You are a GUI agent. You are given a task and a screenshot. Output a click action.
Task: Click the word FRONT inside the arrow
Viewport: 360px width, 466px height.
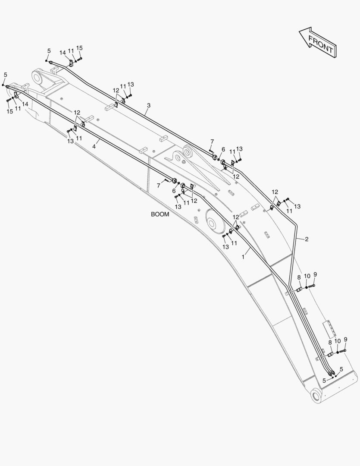pos(320,44)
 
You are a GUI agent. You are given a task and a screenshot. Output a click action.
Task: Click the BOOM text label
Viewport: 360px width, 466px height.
pos(160,214)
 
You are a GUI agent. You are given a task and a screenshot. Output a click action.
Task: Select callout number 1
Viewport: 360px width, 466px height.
pos(243,257)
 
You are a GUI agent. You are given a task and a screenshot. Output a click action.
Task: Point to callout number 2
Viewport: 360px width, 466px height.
pos(307,239)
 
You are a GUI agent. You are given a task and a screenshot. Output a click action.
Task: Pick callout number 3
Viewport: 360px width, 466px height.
pos(149,105)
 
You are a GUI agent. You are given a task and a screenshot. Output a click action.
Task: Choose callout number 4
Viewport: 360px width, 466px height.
pos(94,146)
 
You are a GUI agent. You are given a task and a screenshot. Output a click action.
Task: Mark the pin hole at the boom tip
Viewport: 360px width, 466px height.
pos(38,78)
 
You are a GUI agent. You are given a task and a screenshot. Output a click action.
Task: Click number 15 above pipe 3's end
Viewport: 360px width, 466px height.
pos(79,48)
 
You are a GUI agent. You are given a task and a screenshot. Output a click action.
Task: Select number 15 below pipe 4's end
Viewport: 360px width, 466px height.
pos(10,111)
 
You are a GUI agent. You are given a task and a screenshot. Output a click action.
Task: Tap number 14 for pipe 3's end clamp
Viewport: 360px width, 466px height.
pos(63,53)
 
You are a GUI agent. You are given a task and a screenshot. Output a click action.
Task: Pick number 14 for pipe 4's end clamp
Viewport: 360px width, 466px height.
pos(25,104)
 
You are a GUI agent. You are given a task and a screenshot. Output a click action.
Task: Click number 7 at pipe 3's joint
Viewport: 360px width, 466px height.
pos(212,142)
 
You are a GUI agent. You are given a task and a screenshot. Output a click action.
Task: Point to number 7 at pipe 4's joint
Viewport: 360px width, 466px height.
pos(159,186)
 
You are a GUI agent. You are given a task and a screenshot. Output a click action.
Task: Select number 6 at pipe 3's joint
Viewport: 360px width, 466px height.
pos(223,150)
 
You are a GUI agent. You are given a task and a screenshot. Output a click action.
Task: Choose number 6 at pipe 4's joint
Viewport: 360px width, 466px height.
pos(174,191)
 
